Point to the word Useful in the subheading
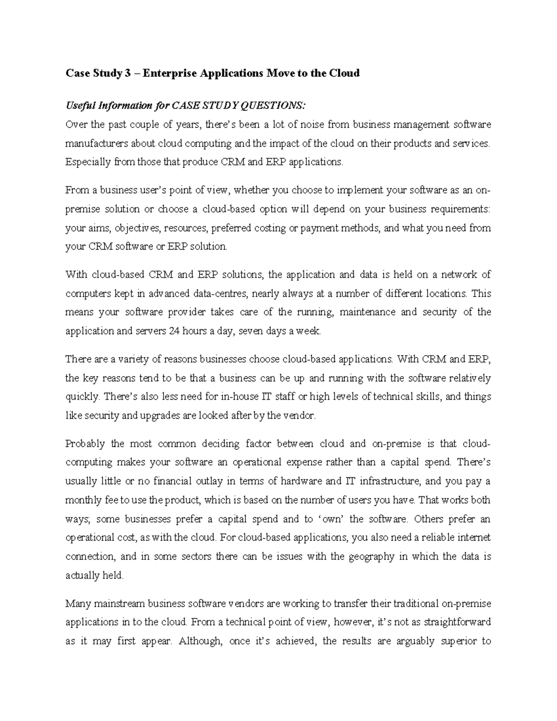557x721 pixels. point(80,106)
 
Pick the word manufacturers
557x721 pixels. point(96,143)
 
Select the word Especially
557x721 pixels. point(88,162)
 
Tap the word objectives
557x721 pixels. point(137,228)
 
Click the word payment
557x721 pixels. point(320,228)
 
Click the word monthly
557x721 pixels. point(83,500)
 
